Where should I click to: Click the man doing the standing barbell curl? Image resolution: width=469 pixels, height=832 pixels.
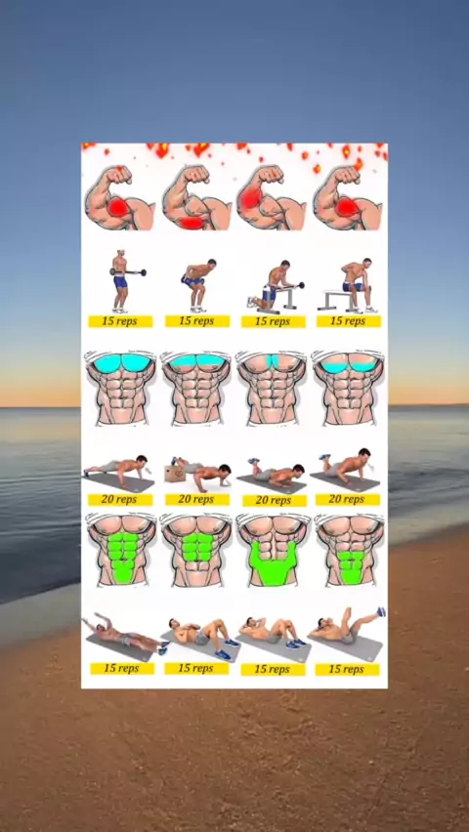tap(121, 281)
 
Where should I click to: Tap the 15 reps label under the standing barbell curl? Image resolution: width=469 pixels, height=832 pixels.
tap(120, 321)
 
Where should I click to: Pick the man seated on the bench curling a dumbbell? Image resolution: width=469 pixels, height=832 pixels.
tap(351, 285)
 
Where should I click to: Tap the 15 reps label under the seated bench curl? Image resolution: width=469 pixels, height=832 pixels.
tap(349, 321)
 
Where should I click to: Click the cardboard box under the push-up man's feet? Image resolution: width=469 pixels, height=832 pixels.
tap(175, 473)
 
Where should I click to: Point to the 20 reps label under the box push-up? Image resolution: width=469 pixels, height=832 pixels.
tap(197, 499)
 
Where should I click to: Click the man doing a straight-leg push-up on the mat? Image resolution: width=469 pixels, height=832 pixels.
tap(117, 470)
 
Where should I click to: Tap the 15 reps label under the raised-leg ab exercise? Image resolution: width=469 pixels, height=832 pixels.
tap(348, 669)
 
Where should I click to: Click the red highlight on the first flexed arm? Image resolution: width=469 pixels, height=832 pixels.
tap(120, 206)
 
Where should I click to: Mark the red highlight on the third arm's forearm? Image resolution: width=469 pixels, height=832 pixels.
tap(250, 196)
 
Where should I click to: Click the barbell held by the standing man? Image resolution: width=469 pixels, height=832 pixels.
tap(128, 272)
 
